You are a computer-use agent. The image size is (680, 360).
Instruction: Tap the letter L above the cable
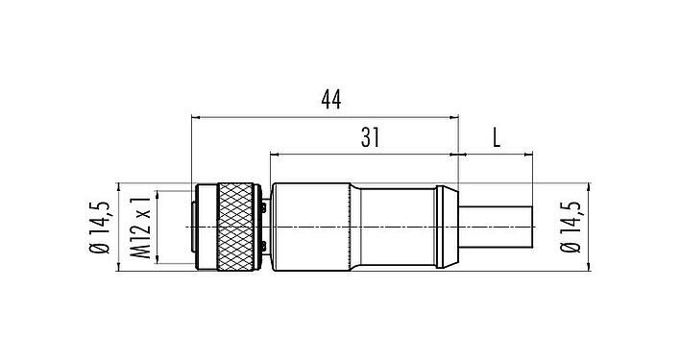coord(497,137)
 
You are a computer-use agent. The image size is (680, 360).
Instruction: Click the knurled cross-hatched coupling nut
coord(235,227)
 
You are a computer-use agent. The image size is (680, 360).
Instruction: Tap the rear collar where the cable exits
coord(444,227)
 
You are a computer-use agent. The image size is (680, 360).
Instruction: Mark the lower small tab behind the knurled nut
coord(263,252)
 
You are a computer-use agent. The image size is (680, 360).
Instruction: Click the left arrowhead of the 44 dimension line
coord(198,118)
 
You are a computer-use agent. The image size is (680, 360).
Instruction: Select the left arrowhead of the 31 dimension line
coord(277,153)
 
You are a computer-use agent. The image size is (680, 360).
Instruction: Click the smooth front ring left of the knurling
coord(203,227)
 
